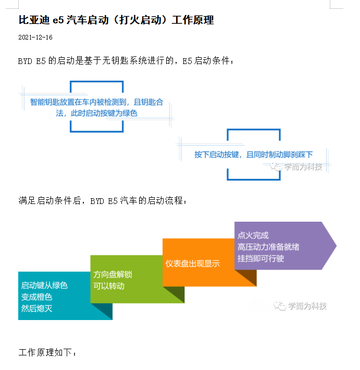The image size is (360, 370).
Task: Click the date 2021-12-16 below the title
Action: pos(35,37)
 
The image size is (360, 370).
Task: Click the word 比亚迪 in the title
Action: pos(34,20)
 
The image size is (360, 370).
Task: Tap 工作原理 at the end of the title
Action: pos(193,20)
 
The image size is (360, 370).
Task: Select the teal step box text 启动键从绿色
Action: pos(44,285)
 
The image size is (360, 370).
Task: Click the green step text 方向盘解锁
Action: pos(113,274)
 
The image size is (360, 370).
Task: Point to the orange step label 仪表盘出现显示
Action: pos(193,263)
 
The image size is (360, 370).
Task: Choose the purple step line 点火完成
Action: pos(253,235)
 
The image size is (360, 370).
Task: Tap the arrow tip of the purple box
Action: pos(337,246)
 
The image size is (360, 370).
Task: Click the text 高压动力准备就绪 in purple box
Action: pos(268,247)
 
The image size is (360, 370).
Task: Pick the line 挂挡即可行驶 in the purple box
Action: pos(260,259)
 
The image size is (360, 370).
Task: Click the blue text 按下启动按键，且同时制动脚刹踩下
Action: pos(254,155)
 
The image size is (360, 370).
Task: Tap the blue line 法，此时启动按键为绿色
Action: pos(96,113)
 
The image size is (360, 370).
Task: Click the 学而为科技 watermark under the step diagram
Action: pos(307,306)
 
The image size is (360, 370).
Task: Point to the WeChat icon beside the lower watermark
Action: pos(280,306)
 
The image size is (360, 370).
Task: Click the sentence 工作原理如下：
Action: pos(48,353)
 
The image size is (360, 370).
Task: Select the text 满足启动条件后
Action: pos(49,201)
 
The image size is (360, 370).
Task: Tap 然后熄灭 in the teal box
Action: pos(36,309)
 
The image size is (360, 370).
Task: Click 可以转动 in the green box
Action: pos(109,286)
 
